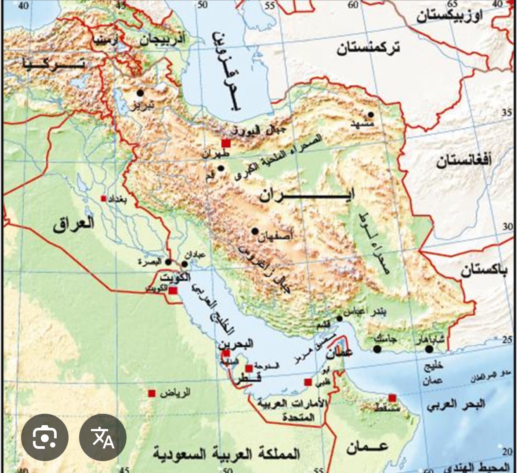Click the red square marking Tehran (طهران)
(x=226, y=143)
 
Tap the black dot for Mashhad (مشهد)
(x=371, y=115)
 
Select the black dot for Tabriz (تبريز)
(x=140, y=93)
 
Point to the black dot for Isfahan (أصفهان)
(x=255, y=231)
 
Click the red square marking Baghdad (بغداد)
(x=104, y=199)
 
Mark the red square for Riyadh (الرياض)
(x=152, y=393)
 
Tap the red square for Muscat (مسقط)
(x=392, y=398)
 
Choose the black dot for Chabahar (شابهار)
(x=429, y=349)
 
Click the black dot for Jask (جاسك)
(x=377, y=349)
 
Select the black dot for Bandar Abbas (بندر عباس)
(x=340, y=319)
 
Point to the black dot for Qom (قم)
(x=221, y=168)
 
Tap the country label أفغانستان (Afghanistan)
(x=464, y=162)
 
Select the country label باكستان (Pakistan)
(x=484, y=270)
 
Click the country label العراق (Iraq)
(x=74, y=224)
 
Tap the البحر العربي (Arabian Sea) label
(x=456, y=404)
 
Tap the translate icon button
(x=103, y=437)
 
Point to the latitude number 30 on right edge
(x=507, y=227)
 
